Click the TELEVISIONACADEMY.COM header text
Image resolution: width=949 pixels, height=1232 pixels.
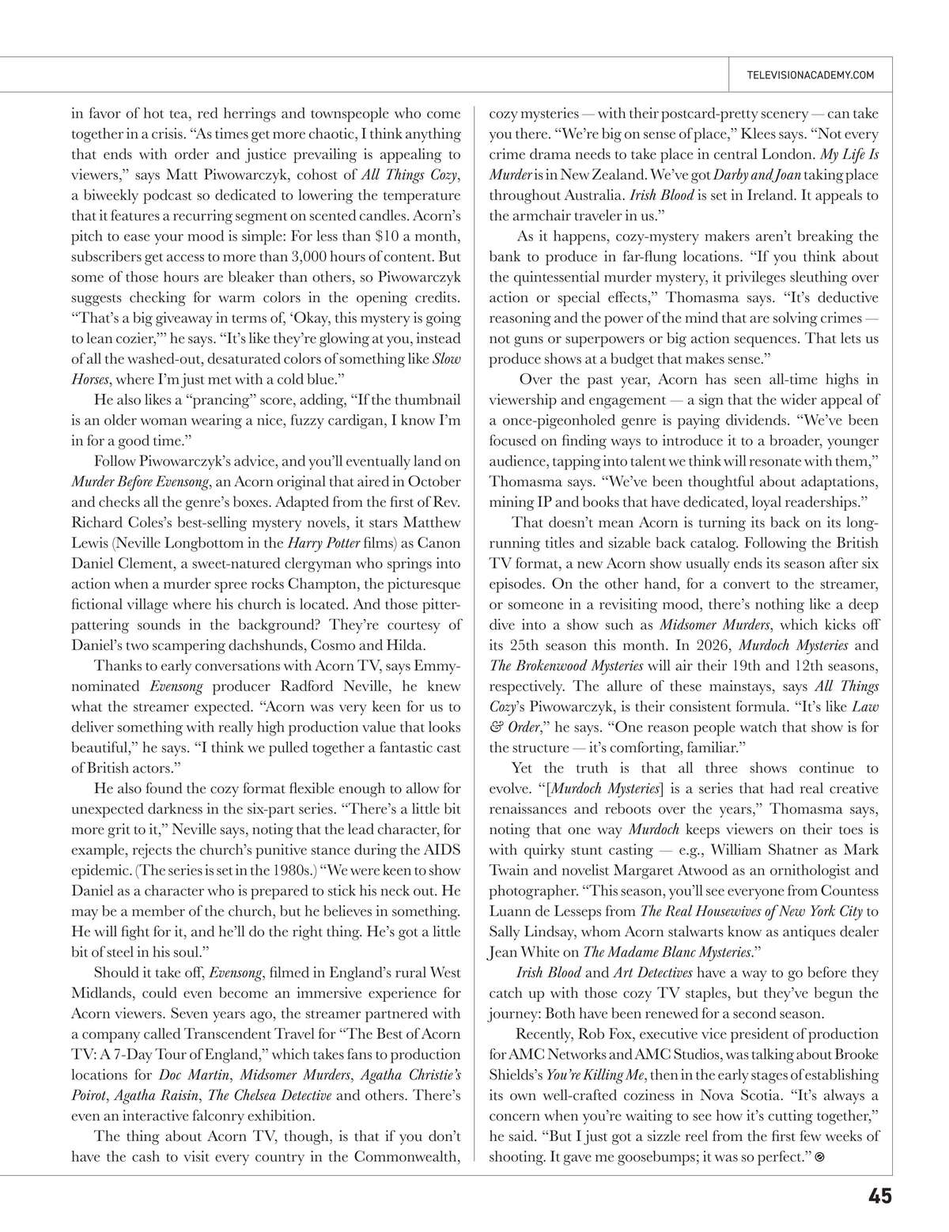[810, 75]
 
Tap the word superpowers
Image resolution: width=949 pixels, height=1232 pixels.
[584, 338]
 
